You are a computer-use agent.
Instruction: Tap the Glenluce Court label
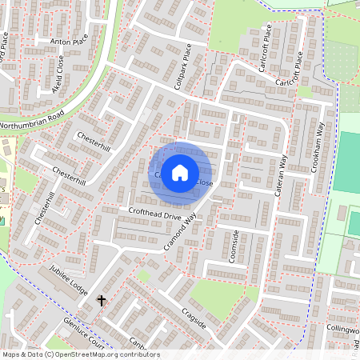click(x=84, y=333)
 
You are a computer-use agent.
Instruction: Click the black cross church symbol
click(x=102, y=301)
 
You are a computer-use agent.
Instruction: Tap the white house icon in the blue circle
click(x=180, y=172)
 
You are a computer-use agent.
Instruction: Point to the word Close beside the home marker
click(x=205, y=183)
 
